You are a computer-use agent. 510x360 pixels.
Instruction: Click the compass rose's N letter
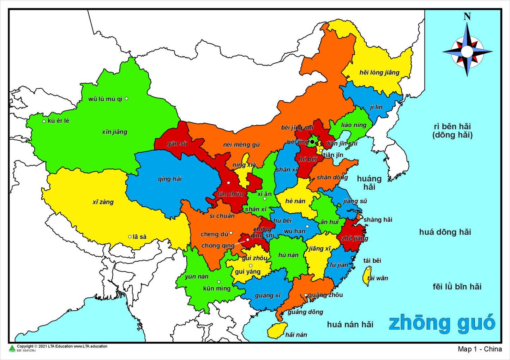467,16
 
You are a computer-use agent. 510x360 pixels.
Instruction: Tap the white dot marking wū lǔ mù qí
127,99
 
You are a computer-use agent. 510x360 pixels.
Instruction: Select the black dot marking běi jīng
312,142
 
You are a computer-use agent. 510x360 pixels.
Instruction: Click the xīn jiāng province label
114,132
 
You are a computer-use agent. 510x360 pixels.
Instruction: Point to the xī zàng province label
103,202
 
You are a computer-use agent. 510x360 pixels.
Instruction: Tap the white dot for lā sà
130,237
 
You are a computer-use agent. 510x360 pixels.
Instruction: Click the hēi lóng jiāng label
379,73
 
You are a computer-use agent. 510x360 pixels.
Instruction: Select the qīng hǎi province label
170,179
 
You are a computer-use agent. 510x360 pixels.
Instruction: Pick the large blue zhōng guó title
442,323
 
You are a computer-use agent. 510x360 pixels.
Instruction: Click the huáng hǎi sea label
369,183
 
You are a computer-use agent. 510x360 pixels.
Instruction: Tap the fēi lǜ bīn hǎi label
457,287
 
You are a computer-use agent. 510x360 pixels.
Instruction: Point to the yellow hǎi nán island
277,330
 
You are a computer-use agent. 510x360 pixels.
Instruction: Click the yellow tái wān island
367,276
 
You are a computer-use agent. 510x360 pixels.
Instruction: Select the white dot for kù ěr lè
44,121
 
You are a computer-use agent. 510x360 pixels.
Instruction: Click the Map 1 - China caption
480,349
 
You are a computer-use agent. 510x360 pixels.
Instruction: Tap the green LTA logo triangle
12,348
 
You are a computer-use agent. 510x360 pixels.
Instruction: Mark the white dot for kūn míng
219,282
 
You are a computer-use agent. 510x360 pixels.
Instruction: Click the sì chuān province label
222,216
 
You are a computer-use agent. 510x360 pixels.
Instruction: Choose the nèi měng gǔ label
241,145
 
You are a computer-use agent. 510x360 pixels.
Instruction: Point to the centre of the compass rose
467,51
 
